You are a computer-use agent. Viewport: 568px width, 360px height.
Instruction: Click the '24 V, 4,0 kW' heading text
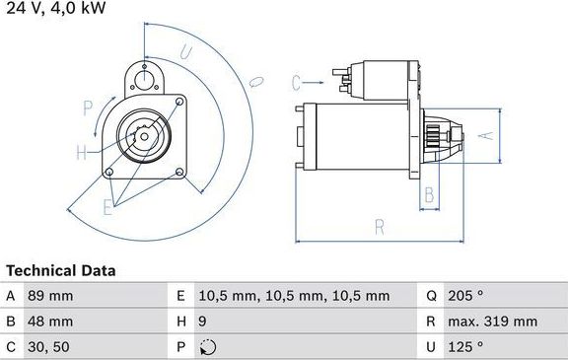pos(55,9)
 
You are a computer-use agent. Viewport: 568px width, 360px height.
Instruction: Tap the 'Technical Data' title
pos(60,270)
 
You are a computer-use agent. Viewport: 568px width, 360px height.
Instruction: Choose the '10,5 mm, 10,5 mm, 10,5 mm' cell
pos(293,296)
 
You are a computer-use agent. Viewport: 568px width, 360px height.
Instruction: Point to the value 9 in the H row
pos(203,322)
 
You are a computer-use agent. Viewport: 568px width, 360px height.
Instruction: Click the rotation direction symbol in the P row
pos(205,346)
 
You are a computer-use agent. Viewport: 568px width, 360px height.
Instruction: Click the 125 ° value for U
pos(466,346)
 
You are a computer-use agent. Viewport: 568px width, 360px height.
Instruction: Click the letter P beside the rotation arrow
pos(87,107)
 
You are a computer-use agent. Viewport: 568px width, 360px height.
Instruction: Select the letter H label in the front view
pos(82,152)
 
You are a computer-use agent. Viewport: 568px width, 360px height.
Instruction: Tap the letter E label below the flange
pos(107,206)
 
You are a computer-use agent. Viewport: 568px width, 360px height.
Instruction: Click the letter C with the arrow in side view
pos(297,82)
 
